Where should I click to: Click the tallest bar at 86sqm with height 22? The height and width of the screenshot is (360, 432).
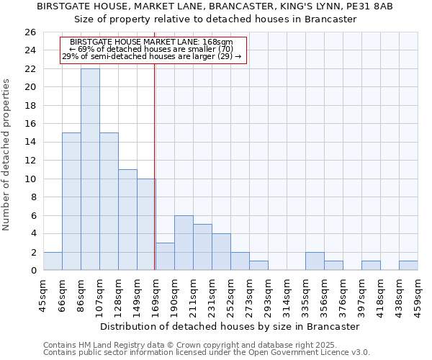tap(90, 169)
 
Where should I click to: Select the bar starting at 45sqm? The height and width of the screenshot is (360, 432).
tap(53, 261)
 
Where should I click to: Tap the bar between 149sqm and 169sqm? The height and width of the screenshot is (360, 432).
tap(146, 224)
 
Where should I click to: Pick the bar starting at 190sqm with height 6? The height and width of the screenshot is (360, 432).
tap(184, 243)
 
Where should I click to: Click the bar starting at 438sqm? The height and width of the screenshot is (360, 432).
tap(408, 265)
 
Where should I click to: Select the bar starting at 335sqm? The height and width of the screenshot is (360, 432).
tap(315, 261)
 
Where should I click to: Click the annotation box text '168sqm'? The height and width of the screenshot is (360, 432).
tap(217, 42)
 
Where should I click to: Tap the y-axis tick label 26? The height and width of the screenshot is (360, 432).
tap(30, 32)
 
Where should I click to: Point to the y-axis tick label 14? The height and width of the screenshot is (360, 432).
tap(30, 143)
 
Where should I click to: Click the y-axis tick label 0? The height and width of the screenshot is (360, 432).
tap(32, 271)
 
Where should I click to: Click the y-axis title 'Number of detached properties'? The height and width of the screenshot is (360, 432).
tap(7, 156)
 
